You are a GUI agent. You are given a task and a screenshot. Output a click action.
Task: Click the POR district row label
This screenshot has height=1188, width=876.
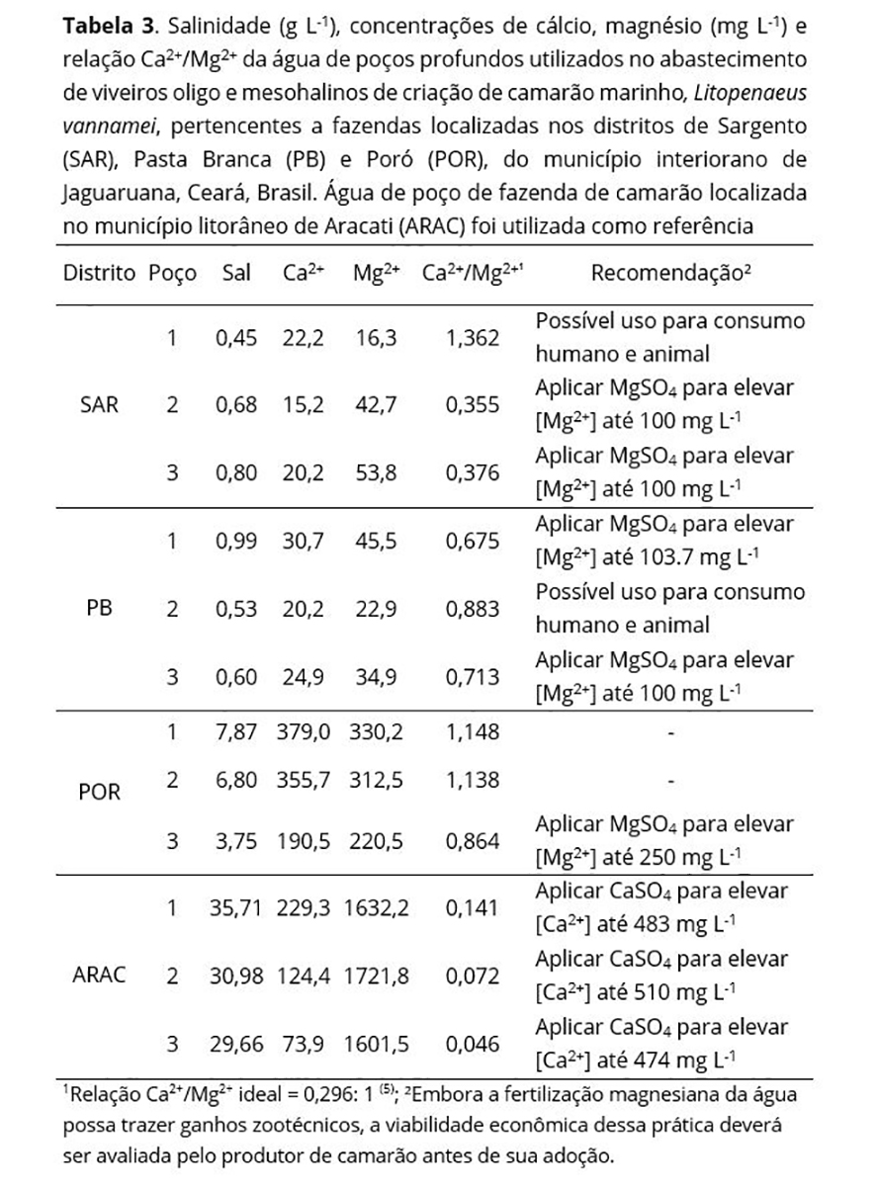[98, 794]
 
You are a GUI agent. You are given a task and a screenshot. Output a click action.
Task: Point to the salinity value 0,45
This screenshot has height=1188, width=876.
[236, 338]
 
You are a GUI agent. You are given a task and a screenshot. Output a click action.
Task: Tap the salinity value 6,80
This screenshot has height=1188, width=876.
[236, 780]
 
